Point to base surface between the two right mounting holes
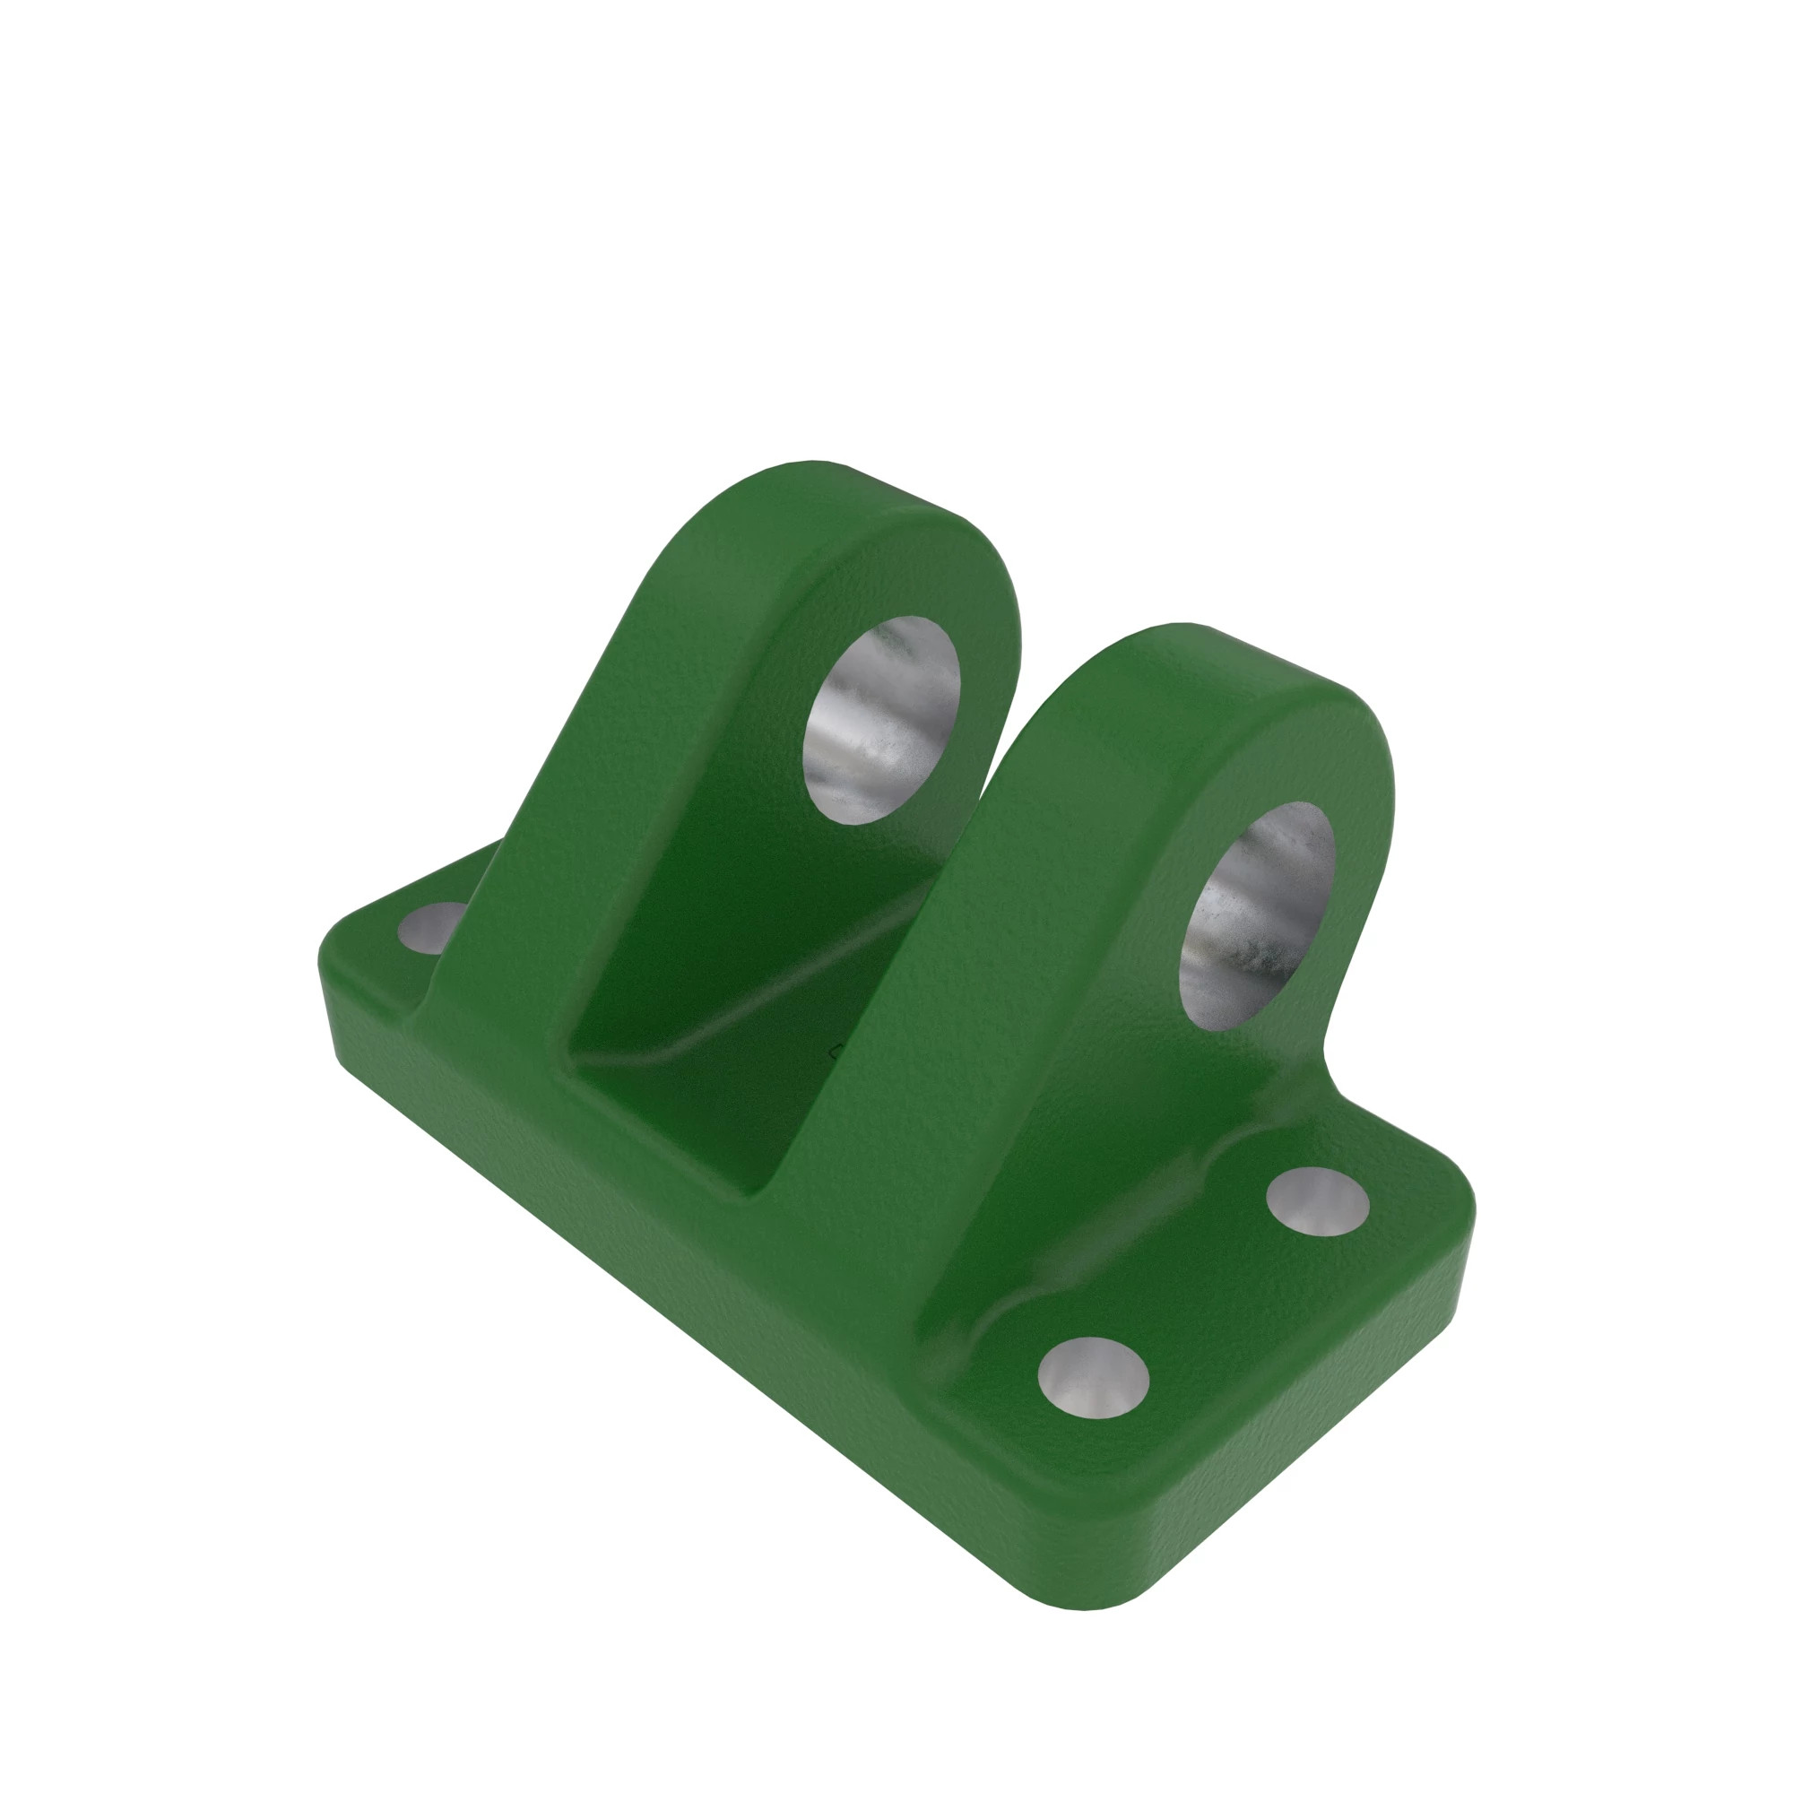click(1207, 1290)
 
